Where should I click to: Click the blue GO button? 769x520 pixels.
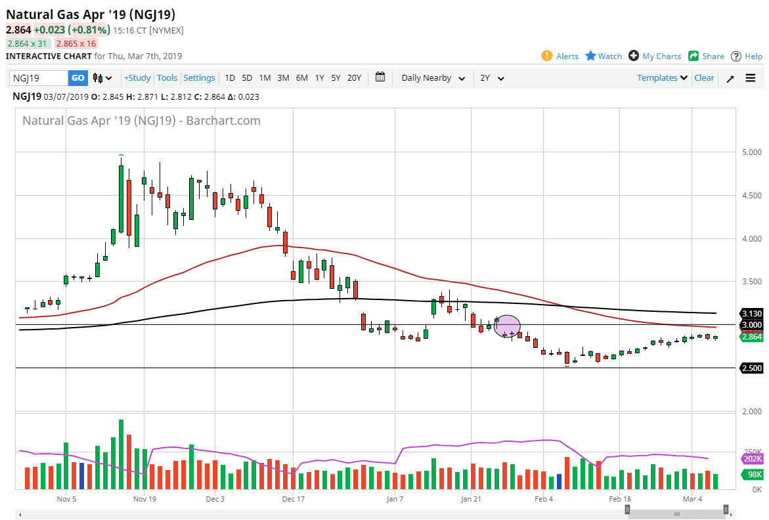pos(77,78)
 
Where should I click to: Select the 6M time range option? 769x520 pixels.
pos(301,78)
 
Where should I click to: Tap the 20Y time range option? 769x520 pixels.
pos(354,78)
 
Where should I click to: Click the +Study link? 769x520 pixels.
pos(137,78)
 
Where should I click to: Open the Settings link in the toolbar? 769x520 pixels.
pos(199,78)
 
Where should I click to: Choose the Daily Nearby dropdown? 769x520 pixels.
pos(433,78)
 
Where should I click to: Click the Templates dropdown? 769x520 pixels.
pos(662,78)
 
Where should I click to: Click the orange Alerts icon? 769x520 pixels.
pos(547,56)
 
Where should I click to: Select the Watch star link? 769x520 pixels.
pos(604,56)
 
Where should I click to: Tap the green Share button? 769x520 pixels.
pos(706,56)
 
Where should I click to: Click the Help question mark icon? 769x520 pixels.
pos(736,56)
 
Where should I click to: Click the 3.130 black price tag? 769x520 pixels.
pos(751,314)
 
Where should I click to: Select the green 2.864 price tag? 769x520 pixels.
pos(751,337)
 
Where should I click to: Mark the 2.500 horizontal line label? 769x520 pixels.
pos(751,368)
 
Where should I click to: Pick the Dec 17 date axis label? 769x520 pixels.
pos(293,499)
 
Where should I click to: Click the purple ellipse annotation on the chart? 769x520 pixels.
pos(507,326)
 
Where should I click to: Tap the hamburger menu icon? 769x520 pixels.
pos(751,78)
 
